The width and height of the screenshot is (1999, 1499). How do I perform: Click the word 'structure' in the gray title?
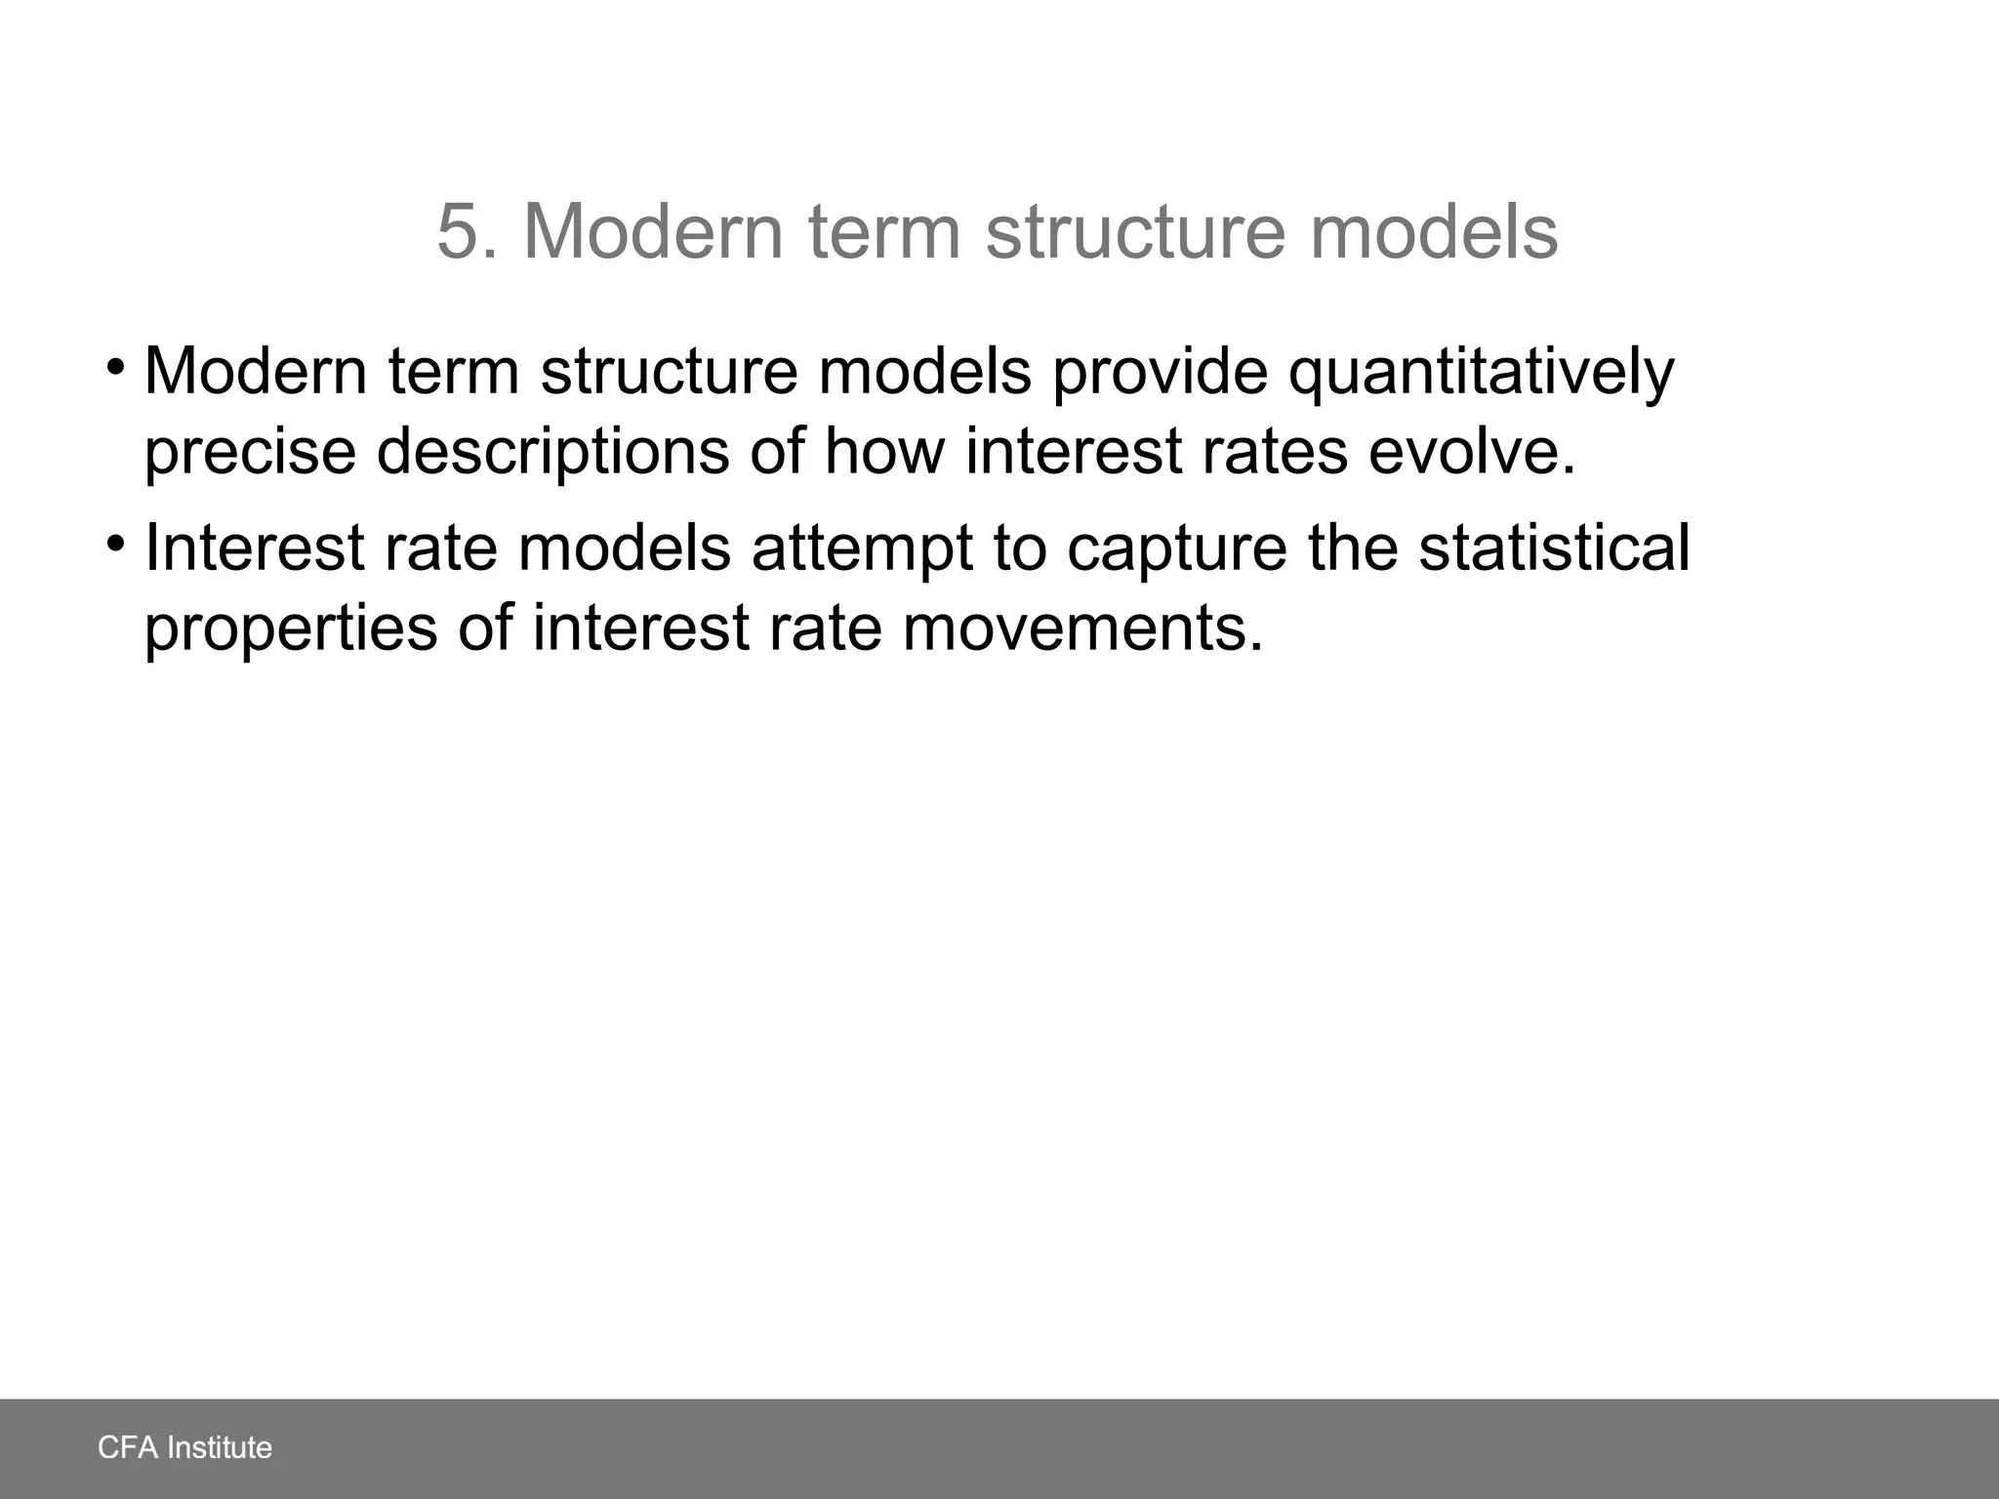pyautogui.click(x=1133, y=232)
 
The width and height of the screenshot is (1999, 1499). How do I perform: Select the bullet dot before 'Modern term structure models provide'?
pyautogui.click(x=116, y=369)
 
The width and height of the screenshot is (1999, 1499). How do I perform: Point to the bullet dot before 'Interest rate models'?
pyautogui.click(x=116, y=543)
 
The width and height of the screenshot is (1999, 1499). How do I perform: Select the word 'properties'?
pyautogui.click(x=291, y=628)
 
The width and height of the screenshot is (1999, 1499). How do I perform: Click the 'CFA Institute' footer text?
pyautogui.click(x=184, y=1447)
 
